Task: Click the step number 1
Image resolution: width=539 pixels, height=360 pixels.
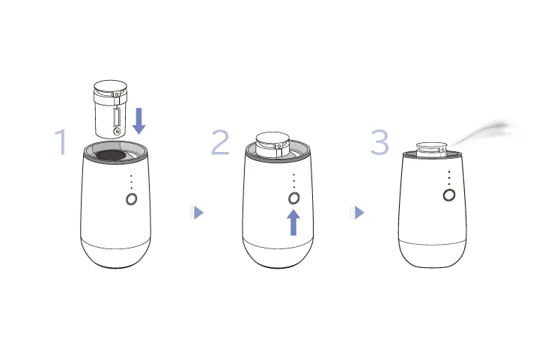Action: pyautogui.click(x=61, y=142)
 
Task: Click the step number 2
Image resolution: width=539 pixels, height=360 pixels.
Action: pyautogui.click(x=220, y=142)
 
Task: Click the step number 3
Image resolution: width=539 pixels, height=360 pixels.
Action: pyautogui.click(x=380, y=142)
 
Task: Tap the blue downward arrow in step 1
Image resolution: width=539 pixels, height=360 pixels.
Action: pyautogui.click(x=139, y=120)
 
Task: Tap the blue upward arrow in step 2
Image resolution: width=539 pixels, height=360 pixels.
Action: pyautogui.click(x=293, y=222)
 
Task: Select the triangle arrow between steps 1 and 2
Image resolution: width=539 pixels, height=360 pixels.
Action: pyautogui.click(x=197, y=213)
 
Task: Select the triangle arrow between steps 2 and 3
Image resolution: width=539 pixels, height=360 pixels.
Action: pyautogui.click(x=357, y=213)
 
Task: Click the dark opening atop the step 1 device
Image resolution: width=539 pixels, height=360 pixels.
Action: pyautogui.click(x=110, y=155)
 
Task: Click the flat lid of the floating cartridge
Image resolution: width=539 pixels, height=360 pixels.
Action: pyautogui.click(x=110, y=86)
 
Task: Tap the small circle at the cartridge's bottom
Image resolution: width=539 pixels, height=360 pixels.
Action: pyautogui.click(x=118, y=131)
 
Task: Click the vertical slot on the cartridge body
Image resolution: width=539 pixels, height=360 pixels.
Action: pyautogui.click(x=117, y=117)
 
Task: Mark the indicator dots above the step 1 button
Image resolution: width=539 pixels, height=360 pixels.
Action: pyautogui.click(x=131, y=182)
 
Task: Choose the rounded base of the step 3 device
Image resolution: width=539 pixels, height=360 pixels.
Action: pyautogui.click(x=433, y=254)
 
